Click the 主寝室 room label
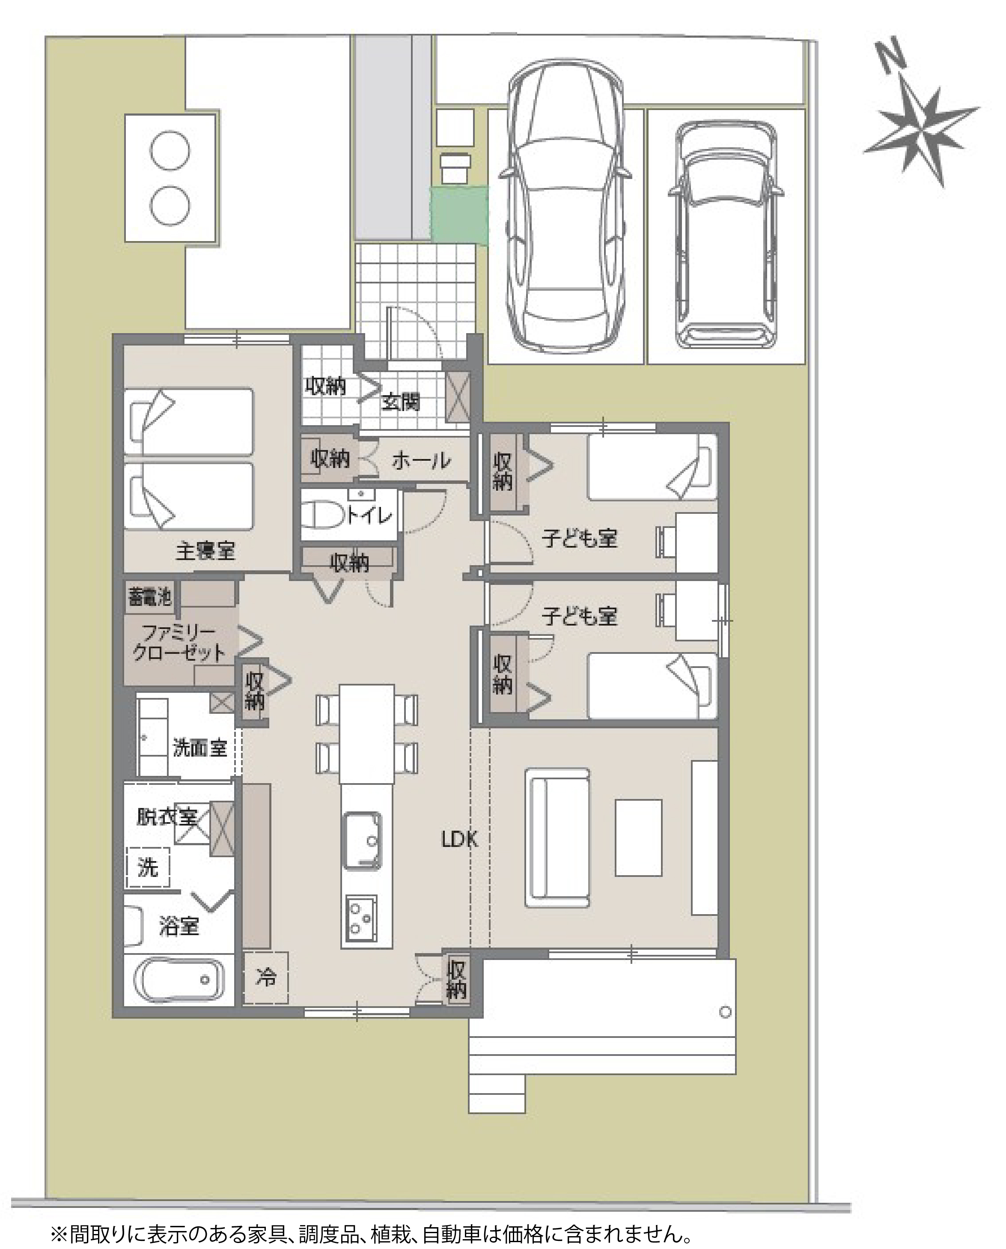[205, 551]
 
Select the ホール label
[421, 461]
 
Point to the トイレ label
[370, 515]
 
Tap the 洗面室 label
[199, 748]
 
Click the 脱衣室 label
[167, 817]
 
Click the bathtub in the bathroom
[179, 980]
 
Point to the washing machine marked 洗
[148, 867]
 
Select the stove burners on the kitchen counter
[362, 918]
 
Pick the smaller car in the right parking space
[726, 235]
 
